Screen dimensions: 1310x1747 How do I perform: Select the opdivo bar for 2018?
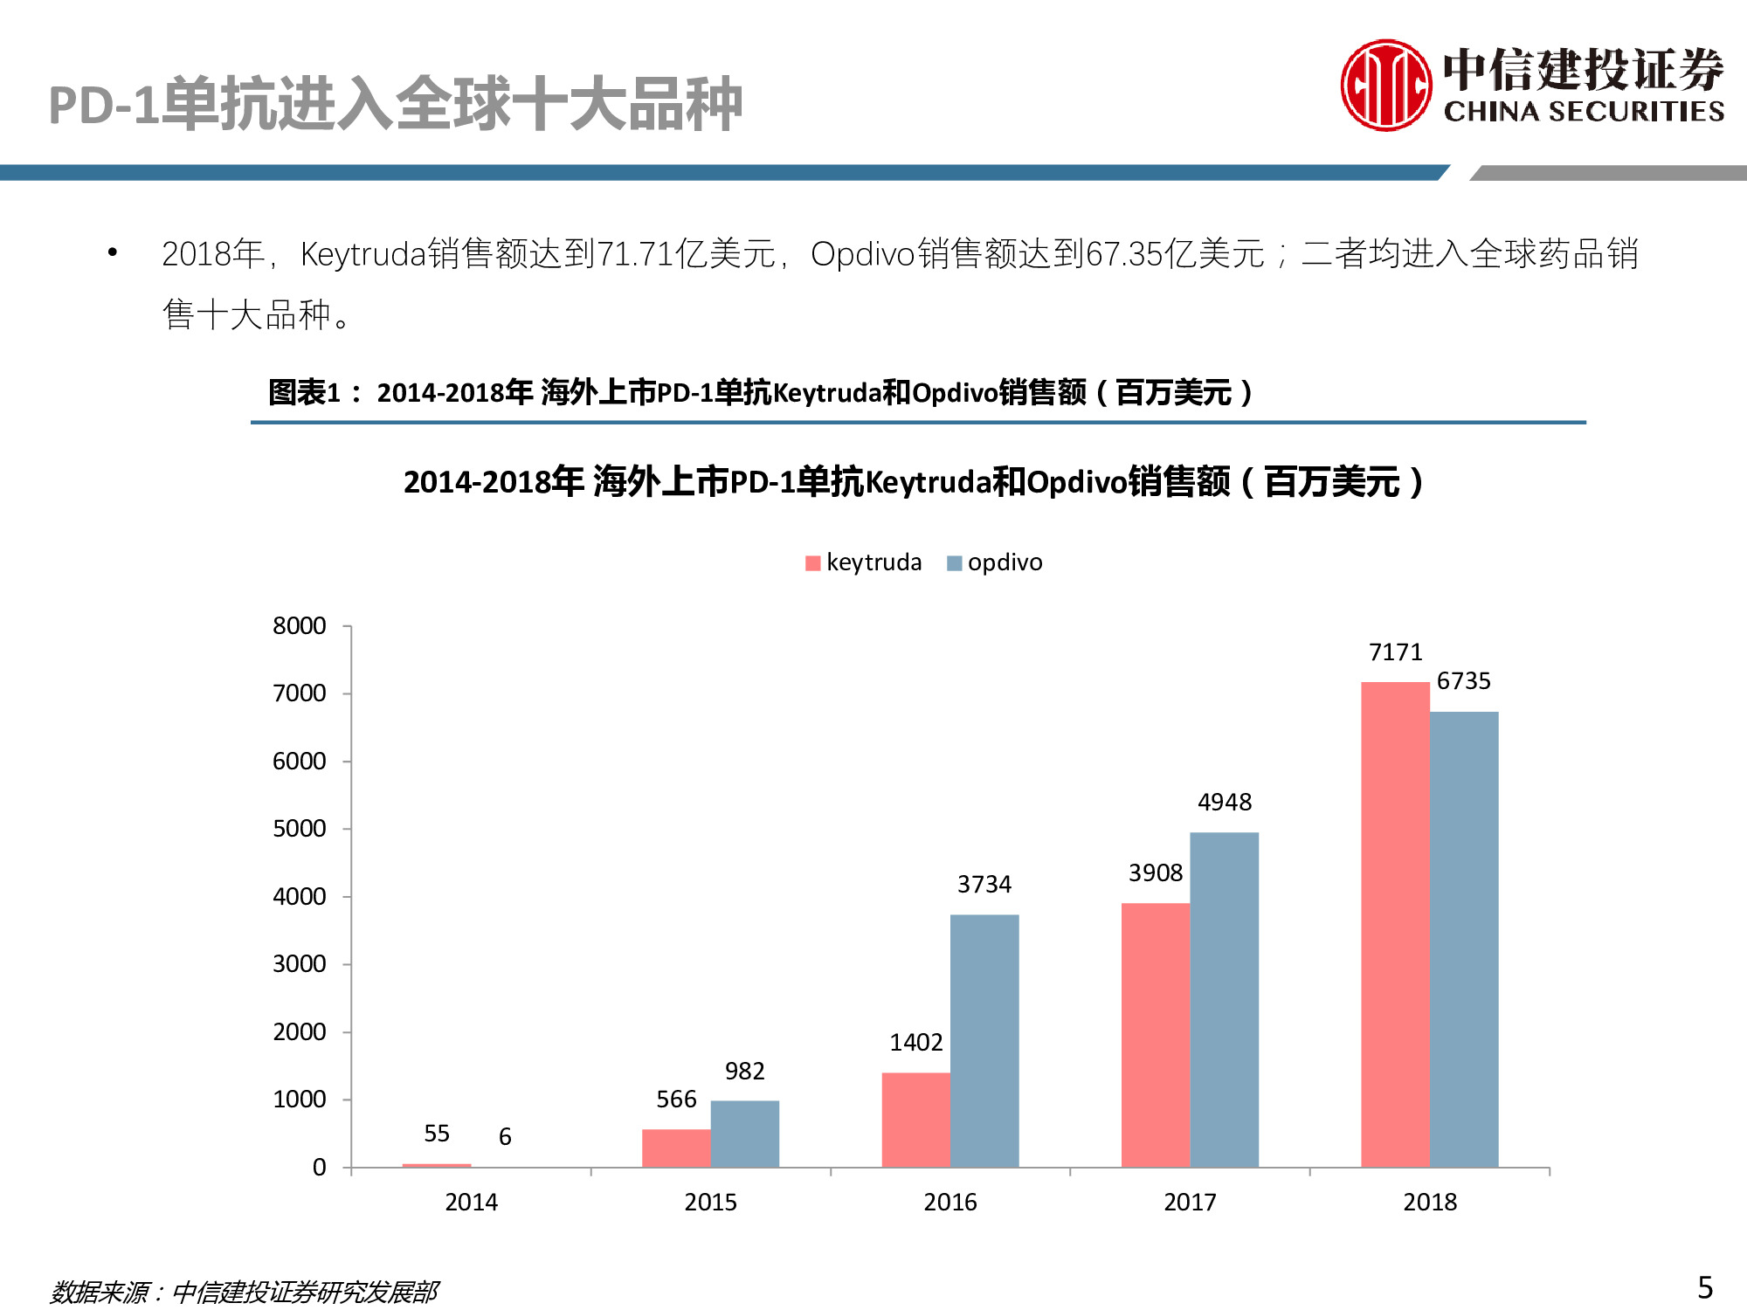[x=1464, y=939]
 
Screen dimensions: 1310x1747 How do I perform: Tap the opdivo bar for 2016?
[x=984, y=1040]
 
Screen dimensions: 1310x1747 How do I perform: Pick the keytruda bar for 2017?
[x=1156, y=1035]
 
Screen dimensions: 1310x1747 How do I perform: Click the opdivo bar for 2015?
[x=744, y=1134]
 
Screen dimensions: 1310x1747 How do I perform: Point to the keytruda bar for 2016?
[x=915, y=1120]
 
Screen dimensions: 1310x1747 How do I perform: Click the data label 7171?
[x=1395, y=652]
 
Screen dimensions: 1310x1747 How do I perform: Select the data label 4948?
[x=1224, y=803]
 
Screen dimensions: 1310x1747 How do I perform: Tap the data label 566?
[x=676, y=1100]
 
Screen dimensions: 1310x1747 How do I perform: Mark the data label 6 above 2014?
[x=505, y=1137]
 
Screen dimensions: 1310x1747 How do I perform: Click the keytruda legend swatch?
[x=812, y=563]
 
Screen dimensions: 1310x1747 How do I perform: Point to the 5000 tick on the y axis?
[x=299, y=829]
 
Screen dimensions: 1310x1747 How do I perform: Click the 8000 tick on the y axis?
[x=299, y=626]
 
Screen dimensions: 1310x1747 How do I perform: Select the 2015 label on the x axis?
[x=710, y=1203]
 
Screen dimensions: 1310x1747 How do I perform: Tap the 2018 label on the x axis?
[x=1429, y=1203]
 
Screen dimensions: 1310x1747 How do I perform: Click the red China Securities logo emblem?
[x=1385, y=86]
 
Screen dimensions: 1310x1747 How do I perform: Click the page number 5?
[x=1704, y=1287]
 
